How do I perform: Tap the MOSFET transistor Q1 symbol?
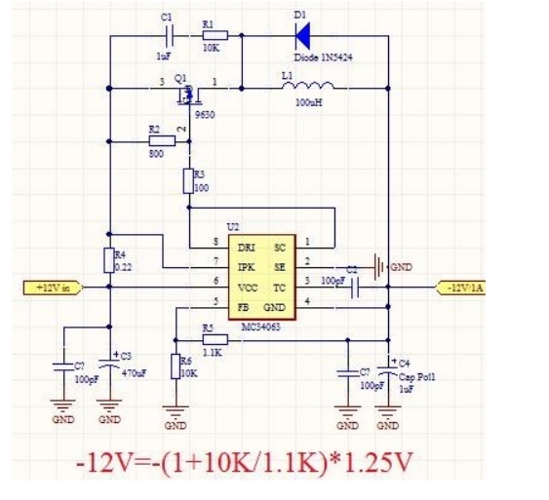point(186,95)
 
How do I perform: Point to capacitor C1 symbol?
point(169,37)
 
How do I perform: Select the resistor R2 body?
point(161,140)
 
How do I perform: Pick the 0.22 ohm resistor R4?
point(109,260)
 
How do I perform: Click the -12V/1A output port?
point(465,287)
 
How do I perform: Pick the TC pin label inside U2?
point(280,288)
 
